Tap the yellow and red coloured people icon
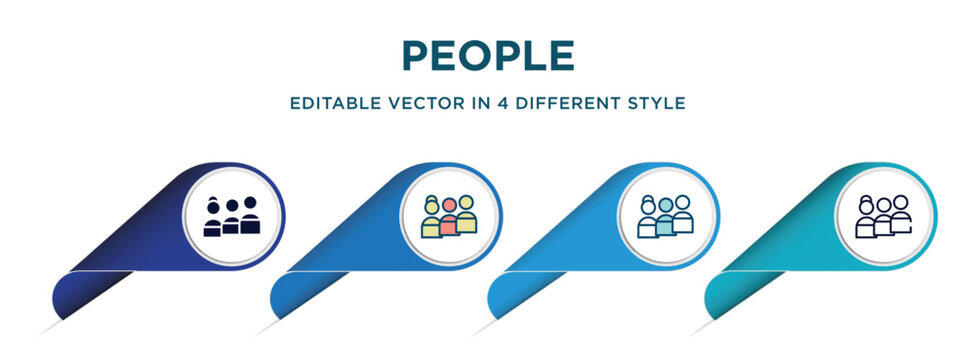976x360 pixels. pos(450,215)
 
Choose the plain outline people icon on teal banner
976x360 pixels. pos(884,215)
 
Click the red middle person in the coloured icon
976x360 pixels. pos(450,219)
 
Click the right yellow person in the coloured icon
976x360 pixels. pos(467,214)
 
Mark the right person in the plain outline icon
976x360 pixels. pos(901,214)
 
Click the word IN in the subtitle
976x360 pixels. pos(463,103)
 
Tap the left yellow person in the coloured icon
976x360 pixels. pos(432,217)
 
